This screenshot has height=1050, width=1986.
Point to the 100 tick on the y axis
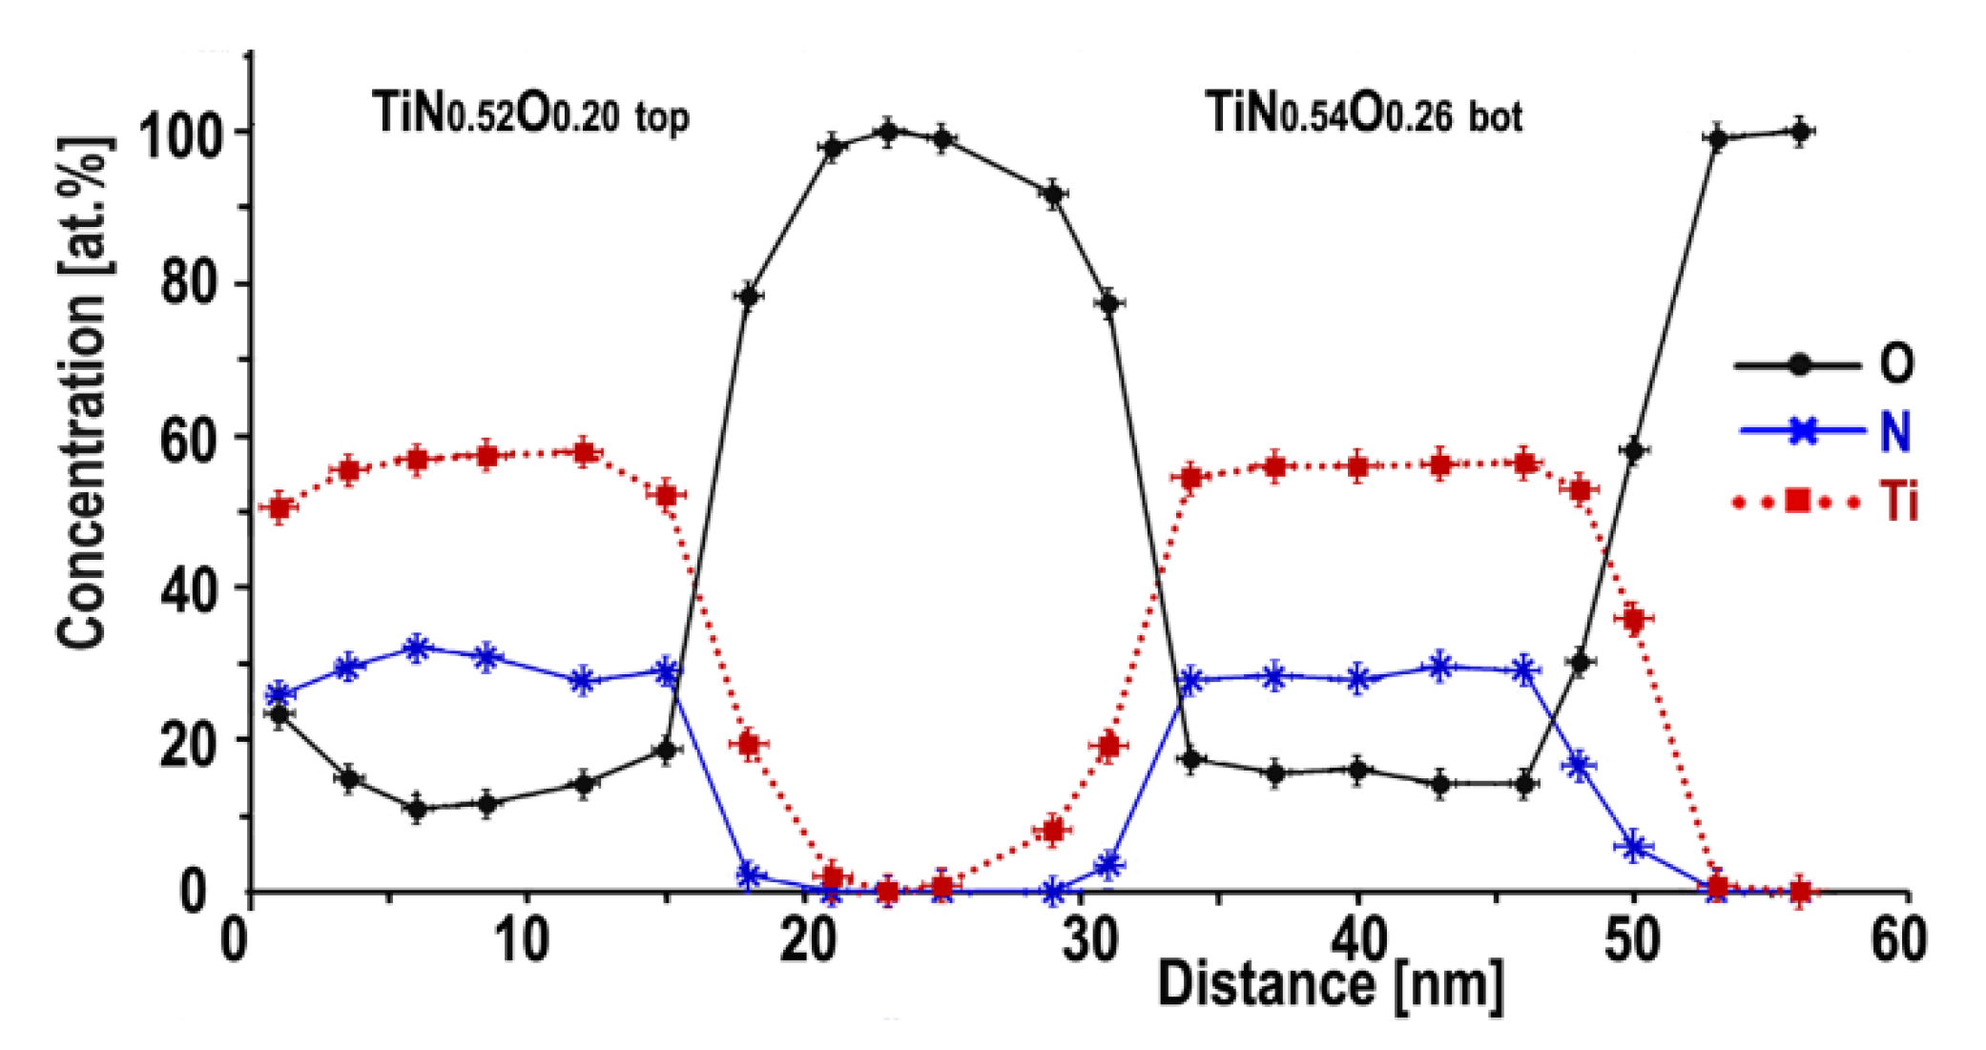pos(183,133)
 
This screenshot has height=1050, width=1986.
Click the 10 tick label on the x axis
pos(523,940)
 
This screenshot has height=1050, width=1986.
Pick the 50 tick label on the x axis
pos(1631,940)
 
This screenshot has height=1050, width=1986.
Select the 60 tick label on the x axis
pos(1898,940)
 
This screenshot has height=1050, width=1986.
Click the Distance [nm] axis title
pos(1331,985)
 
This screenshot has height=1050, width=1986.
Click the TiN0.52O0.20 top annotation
pos(529,113)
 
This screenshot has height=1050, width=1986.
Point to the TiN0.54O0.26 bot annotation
pos(1363,113)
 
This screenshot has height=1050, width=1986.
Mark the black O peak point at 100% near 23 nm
pos(888,133)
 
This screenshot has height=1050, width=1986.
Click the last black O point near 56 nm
pos(1799,132)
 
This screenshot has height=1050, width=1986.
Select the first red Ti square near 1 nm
pos(279,507)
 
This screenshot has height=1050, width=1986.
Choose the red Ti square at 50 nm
pos(1634,619)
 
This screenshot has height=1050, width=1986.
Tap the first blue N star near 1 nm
pos(279,693)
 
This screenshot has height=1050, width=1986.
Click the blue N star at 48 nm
pos(1580,766)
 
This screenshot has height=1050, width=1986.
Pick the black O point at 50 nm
pos(1634,451)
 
